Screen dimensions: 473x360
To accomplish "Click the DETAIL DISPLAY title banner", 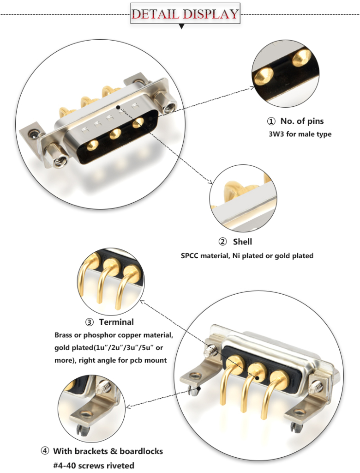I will tap(185, 14).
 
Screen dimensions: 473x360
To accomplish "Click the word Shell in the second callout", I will tap(242, 242).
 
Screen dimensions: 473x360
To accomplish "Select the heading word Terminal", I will tap(116, 322).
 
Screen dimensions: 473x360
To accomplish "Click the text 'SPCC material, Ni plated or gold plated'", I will tap(247, 255).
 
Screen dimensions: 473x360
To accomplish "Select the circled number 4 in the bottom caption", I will tap(45, 451).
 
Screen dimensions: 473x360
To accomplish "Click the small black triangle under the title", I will tap(181, 27).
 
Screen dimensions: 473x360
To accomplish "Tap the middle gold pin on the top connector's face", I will tap(115, 133).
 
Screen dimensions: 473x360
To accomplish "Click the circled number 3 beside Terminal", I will tap(90, 322).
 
